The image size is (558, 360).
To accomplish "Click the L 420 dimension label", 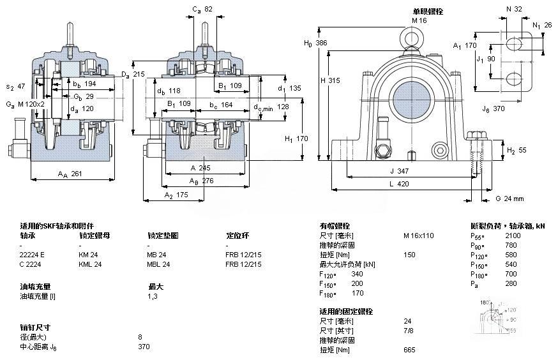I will click(x=399, y=184).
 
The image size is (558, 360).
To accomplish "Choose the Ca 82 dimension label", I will click(x=202, y=10).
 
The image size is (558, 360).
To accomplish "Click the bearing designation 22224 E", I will click(x=34, y=254).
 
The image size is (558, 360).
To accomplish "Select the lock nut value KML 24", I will click(x=89, y=264).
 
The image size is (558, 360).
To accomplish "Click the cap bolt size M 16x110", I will click(x=418, y=236).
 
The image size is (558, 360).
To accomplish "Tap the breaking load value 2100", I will click(x=512, y=236).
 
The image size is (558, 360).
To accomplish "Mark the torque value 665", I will click(x=409, y=349).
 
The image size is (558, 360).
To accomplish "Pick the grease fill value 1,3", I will click(x=153, y=296).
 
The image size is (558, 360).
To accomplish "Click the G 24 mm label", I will click(x=509, y=199).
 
